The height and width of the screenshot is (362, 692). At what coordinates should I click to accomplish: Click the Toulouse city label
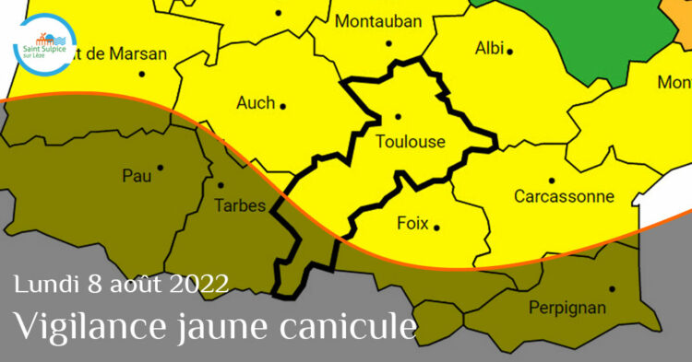(x=411, y=142)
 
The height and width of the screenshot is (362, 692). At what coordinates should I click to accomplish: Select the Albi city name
(x=488, y=48)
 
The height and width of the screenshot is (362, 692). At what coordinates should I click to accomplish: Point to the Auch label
(x=256, y=102)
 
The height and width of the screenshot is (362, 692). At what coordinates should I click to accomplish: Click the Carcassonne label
(x=564, y=196)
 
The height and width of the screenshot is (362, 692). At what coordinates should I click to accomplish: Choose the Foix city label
(x=412, y=223)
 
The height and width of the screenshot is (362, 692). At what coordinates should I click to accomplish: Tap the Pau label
(x=137, y=175)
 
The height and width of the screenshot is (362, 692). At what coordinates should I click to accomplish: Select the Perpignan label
(x=567, y=307)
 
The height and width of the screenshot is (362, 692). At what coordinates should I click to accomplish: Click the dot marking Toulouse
(x=398, y=116)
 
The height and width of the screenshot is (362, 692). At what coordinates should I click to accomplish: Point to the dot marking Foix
(x=436, y=227)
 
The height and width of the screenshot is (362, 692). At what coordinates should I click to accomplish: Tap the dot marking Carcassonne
(x=552, y=181)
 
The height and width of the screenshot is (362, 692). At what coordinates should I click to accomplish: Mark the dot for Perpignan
(x=612, y=288)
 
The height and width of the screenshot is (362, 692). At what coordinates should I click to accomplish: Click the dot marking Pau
(x=161, y=168)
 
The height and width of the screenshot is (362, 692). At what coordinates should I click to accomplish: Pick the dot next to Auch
(x=282, y=106)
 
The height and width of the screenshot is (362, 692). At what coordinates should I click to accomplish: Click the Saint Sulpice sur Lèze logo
(x=45, y=43)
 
